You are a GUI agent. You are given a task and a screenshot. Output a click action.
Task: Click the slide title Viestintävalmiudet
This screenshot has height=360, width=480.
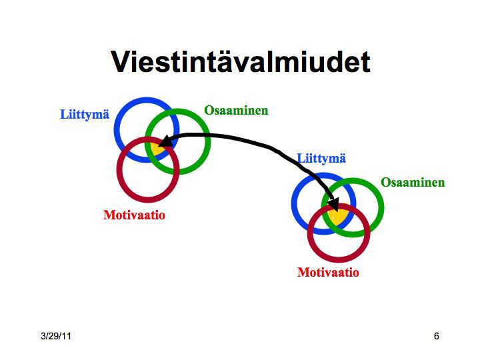[241, 62]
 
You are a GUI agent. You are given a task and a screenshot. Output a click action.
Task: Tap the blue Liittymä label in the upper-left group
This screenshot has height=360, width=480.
[85, 115]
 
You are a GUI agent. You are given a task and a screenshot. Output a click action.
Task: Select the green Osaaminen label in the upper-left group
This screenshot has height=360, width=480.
[236, 110]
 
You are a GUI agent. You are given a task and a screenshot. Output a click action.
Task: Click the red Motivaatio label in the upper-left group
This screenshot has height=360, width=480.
[135, 215]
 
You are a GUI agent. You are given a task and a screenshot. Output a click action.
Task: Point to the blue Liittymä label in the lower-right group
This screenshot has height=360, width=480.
[321, 159]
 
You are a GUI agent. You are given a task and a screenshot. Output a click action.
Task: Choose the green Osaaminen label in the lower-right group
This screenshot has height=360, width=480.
[413, 183]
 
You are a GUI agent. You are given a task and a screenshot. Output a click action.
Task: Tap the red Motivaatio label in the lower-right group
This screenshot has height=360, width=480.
[328, 272]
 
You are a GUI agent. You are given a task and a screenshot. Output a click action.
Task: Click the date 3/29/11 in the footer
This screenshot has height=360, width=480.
[56, 336]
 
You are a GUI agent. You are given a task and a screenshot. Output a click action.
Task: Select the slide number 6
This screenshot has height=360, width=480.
[437, 336]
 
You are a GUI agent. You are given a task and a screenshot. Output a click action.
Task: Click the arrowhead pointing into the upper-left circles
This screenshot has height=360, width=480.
[165, 141]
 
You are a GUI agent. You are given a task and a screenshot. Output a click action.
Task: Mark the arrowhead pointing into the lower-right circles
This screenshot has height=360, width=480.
[333, 204]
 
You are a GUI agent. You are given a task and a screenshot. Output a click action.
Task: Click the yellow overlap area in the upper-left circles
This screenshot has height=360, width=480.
[157, 150]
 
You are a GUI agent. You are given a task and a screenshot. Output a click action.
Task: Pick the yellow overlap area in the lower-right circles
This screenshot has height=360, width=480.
[338, 216]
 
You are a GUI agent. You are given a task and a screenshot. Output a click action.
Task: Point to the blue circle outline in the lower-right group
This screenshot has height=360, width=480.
[293, 203]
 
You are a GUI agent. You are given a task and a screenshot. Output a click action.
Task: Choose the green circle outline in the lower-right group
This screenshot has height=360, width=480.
[383, 207]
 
